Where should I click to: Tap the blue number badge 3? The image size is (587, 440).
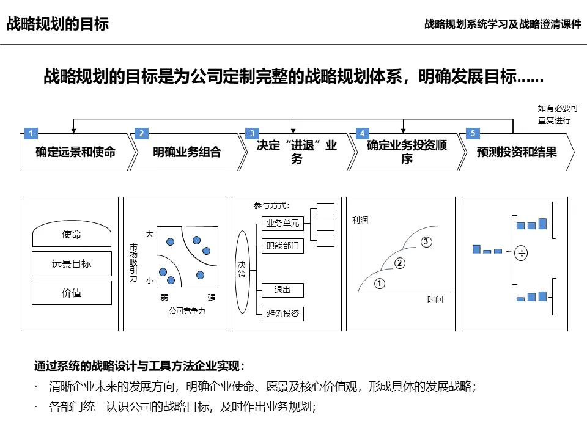(251, 133)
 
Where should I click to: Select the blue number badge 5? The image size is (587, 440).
(471, 133)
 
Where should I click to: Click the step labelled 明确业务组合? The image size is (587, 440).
(186, 152)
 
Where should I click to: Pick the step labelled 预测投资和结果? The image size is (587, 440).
(517, 152)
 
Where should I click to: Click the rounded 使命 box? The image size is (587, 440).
(72, 235)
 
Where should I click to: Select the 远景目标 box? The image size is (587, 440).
(72, 264)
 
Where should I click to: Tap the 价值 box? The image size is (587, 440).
(72, 293)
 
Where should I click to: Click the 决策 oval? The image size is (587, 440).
(242, 269)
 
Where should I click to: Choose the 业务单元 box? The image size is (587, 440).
(282, 223)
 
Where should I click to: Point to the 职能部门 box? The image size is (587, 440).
(282, 246)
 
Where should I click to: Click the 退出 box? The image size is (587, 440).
(282, 290)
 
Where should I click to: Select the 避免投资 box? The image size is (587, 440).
(282, 313)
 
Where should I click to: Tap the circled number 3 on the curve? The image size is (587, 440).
(427, 242)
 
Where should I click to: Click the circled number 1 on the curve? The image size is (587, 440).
(380, 284)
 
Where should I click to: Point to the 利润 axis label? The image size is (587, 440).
(360, 220)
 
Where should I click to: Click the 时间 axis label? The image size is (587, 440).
(435, 300)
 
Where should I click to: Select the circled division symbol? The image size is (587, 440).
(521, 253)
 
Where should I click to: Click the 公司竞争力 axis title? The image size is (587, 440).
(187, 311)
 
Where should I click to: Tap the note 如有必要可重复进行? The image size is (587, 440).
(554, 114)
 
